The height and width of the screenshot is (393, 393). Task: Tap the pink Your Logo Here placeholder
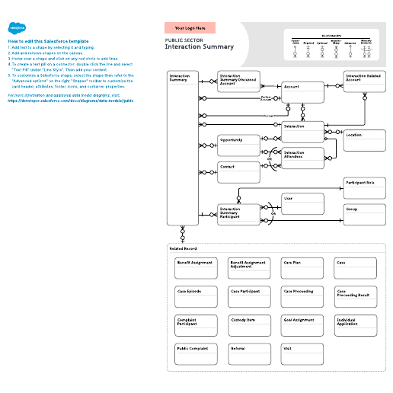(190, 28)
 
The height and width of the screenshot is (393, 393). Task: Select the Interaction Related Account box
(364, 81)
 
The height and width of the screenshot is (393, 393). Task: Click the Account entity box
(302, 91)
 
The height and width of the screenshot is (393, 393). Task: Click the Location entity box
(364, 140)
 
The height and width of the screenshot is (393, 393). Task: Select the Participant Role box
(364, 187)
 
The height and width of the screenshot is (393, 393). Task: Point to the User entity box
(302, 203)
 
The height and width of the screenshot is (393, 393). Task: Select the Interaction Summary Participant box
(238, 214)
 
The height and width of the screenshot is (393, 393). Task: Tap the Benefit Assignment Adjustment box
(249, 267)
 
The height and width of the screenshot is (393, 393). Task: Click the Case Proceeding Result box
(356, 296)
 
